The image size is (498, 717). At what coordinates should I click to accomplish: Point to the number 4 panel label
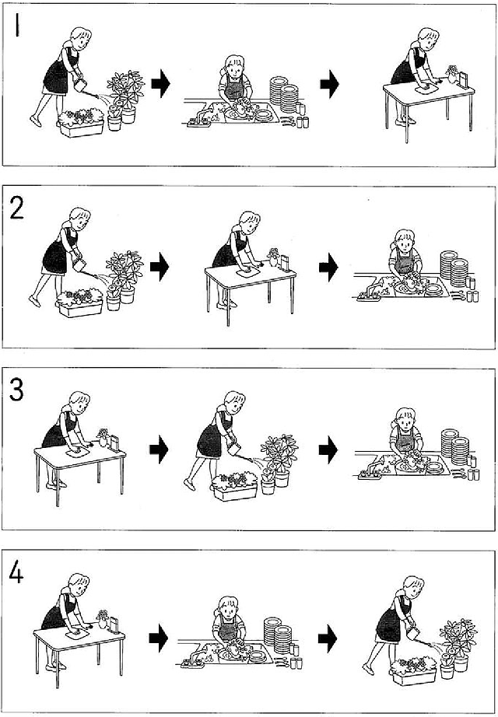pos(16,573)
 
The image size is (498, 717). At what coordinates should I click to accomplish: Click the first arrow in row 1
pos(160,85)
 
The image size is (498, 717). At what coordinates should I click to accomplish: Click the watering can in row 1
pos(81,85)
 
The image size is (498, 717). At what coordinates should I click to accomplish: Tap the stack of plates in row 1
pos(284,96)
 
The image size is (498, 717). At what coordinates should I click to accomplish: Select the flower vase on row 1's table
pos(452,75)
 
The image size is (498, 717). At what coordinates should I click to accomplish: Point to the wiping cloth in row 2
pos(247,272)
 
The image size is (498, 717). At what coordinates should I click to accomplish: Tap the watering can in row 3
pos(235,449)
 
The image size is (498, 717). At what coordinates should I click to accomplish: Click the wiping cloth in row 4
pos(77,635)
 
